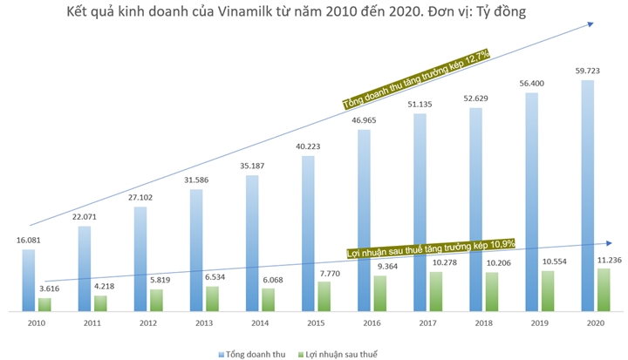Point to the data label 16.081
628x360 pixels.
[x=28, y=239]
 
